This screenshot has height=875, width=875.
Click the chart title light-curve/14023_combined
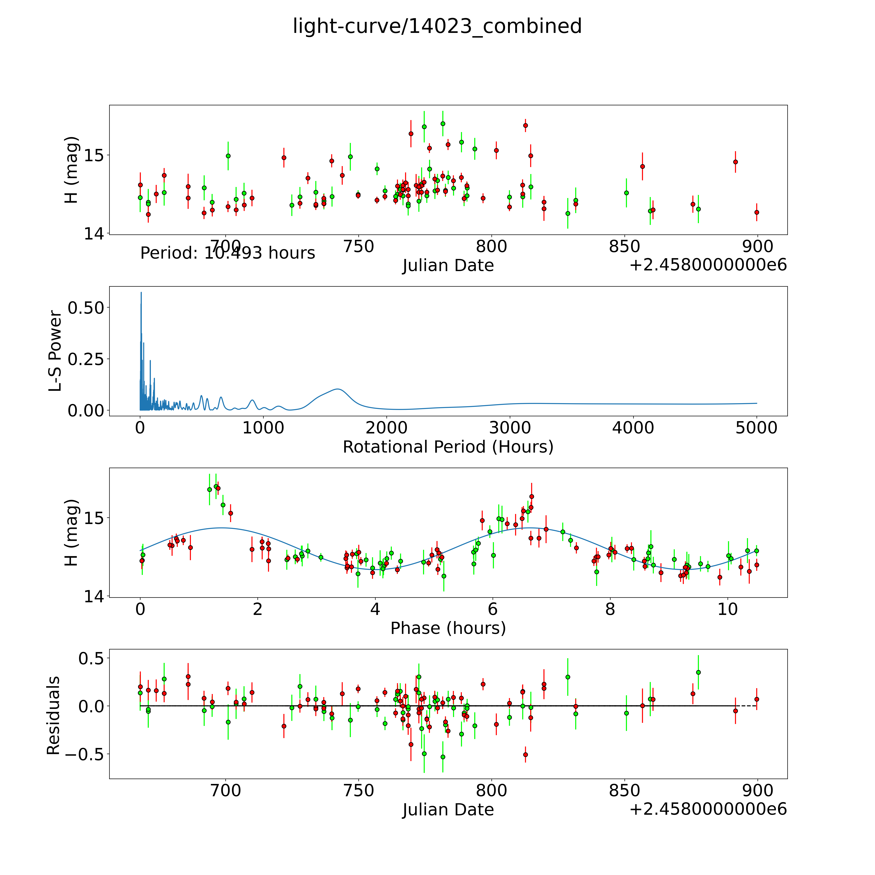(437, 26)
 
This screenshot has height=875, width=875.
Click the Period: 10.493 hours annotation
(227, 253)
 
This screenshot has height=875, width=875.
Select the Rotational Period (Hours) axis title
(448, 447)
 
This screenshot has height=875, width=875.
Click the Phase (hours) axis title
(448, 628)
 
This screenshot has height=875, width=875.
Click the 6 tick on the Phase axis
(493, 609)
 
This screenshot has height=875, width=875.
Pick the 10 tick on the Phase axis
(728, 609)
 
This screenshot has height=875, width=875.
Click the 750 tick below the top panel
(359, 247)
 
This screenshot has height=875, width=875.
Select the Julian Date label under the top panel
(448, 265)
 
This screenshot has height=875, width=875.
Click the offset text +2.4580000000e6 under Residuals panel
(708, 809)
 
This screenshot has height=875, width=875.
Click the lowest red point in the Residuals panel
(525, 755)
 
